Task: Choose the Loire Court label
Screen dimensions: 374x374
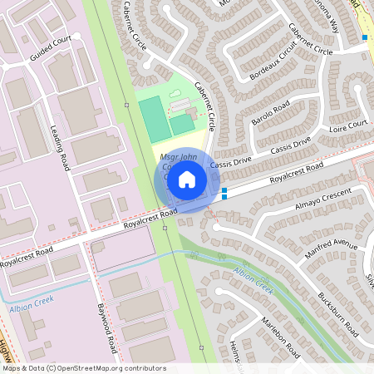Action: pyautogui.click(x=348, y=125)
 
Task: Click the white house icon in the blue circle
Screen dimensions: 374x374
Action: pyautogui.click(x=187, y=179)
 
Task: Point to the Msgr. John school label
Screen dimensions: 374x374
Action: pyautogui.click(x=176, y=157)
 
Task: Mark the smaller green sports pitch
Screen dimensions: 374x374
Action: pyautogui.click(x=182, y=125)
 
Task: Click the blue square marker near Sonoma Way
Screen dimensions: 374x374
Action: pyautogui.click(x=364, y=37)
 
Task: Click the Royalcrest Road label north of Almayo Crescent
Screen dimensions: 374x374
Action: pyautogui.click(x=297, y=171)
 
